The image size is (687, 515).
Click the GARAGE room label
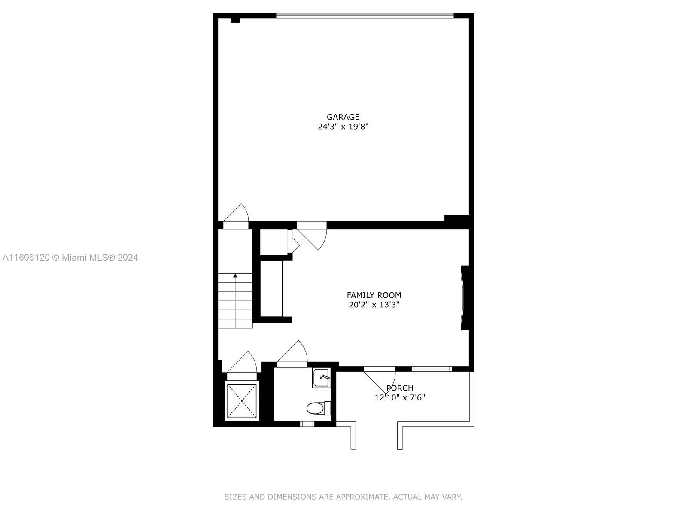pos(343,117)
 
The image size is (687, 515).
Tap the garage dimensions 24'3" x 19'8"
pos(343,127)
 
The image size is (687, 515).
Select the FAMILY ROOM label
pos(374,295)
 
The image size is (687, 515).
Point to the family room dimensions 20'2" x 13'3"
pos(374,305)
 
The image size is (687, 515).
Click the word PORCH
pos(400,388)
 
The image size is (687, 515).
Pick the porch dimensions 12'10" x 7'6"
pos(400,397)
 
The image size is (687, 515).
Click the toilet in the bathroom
pos(318,408)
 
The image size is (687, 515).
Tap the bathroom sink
pos(321,378)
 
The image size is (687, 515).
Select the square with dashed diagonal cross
pos(242,401)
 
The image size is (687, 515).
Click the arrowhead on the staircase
pos(235,276)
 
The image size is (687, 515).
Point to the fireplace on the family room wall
pos(465,298)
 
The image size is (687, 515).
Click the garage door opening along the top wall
pos(365,15)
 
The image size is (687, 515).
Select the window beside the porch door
pos(432,369)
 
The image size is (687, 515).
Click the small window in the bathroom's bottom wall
pos(307,424)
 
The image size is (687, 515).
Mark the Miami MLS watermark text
pos(70,257)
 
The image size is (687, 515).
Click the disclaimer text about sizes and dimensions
pos(343,497)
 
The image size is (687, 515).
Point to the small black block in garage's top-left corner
pos(235,20)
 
